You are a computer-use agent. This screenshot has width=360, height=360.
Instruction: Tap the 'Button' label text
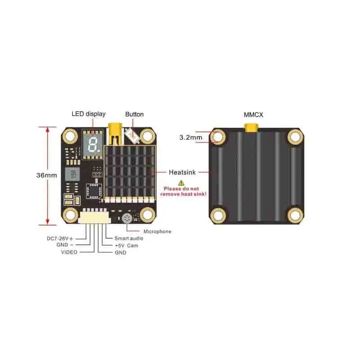134,114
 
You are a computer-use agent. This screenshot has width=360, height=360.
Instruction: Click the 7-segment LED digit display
94,144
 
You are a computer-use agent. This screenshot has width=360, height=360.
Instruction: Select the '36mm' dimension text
47,175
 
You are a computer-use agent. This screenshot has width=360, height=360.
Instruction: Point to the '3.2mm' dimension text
190,137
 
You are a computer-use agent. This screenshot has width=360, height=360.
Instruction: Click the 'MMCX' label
253,115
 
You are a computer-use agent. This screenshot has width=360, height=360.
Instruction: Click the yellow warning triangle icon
181,183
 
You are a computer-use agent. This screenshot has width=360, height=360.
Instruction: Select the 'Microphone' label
157,231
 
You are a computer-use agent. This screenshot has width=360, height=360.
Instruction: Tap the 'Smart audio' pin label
129,238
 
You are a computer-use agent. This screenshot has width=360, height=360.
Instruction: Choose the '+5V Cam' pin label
126,246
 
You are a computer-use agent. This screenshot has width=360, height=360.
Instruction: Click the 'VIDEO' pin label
69,252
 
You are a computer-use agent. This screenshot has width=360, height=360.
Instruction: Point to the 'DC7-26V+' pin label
59,238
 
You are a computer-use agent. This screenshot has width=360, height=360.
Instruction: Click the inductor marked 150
72,174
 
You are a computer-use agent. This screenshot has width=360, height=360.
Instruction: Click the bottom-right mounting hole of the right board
295,214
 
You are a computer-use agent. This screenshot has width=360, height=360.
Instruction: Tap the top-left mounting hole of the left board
71,135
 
